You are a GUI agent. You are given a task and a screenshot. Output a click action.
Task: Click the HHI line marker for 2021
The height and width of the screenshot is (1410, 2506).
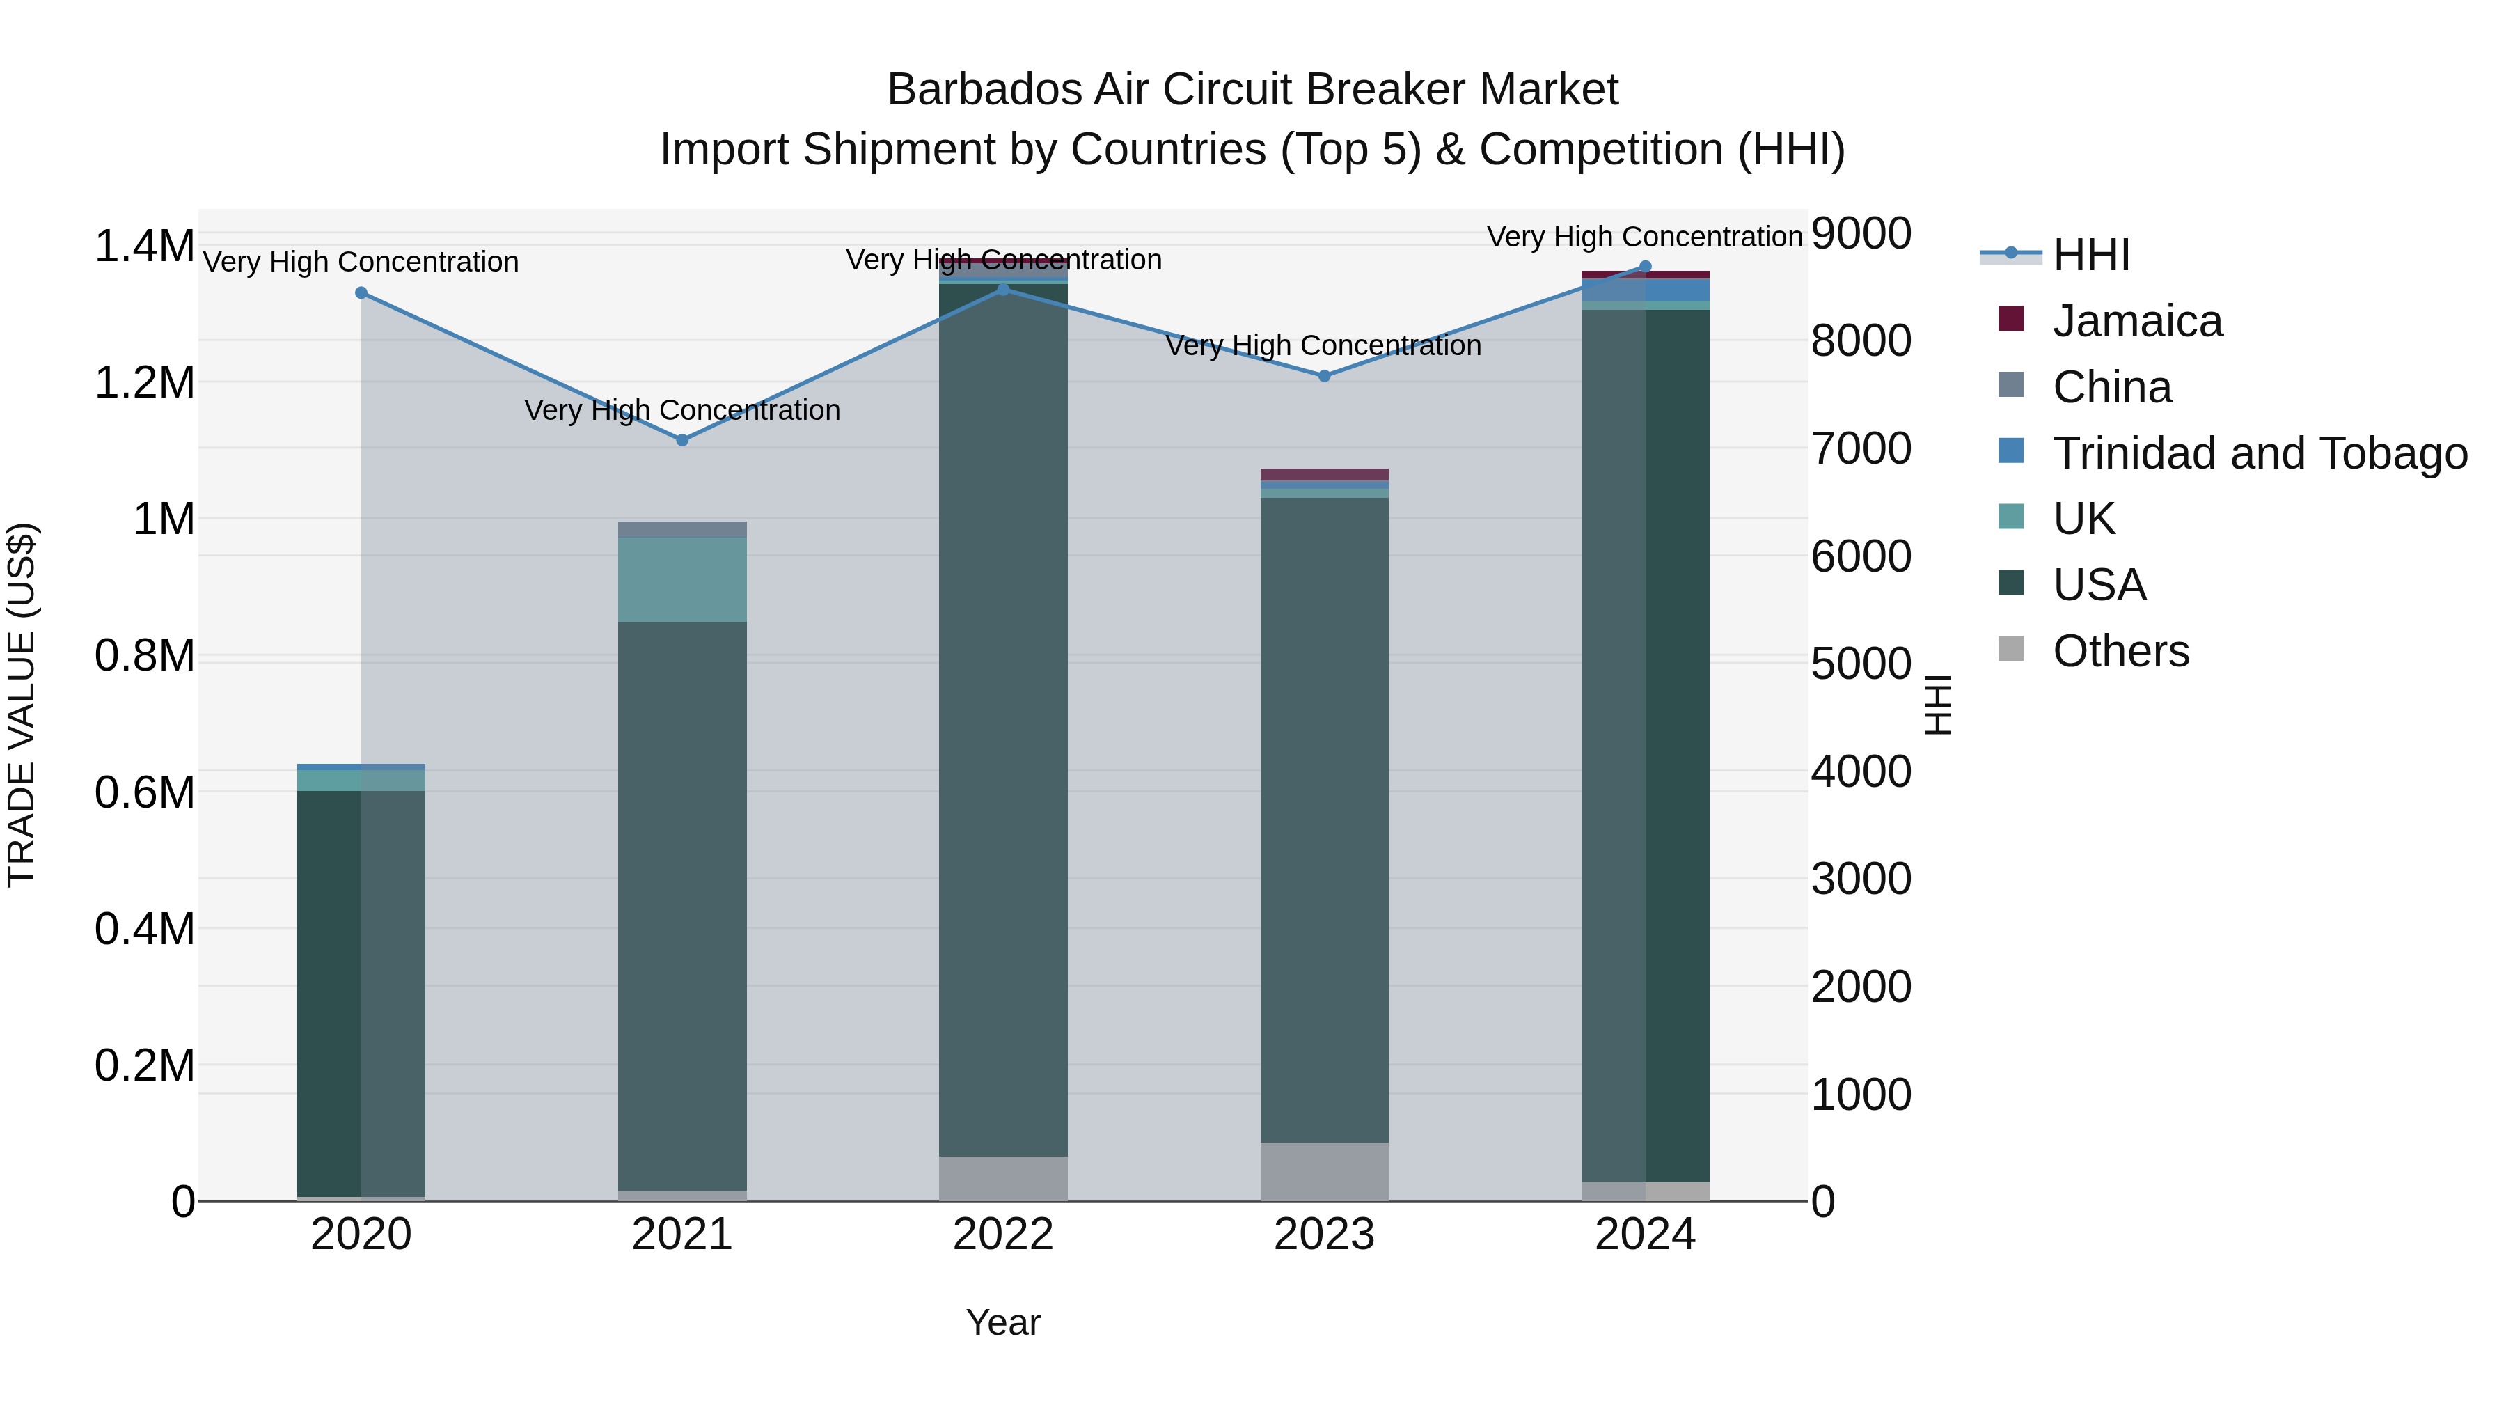coord(682,440)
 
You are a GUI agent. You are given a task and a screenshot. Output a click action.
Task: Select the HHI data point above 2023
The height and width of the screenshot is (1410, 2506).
coord(1324,375)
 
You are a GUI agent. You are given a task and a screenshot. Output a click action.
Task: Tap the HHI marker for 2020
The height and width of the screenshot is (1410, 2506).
coord(361,293)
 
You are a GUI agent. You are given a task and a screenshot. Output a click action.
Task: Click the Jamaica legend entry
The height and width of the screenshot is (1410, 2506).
coord(2136,321)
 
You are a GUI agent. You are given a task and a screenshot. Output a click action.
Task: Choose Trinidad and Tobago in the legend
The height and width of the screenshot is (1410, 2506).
coord(2259,453)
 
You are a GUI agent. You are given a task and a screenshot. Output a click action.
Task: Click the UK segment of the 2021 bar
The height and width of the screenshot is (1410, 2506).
coord(682,580)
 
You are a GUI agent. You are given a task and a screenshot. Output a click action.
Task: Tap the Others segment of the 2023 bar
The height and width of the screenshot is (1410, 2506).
coord(1324,1172)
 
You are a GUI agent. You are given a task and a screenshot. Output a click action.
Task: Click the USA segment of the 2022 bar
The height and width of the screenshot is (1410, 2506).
coord(1003,720)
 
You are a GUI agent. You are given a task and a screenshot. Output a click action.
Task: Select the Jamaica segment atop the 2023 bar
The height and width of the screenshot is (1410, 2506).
coord(1324,474)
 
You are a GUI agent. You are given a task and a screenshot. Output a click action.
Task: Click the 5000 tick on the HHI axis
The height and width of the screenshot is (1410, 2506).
coord(1860,665)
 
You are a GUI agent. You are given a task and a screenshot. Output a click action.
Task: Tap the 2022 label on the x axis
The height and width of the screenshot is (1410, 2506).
coord(1003,1235)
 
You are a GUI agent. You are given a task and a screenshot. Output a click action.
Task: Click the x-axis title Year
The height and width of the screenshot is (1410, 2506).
coord(1003,1322)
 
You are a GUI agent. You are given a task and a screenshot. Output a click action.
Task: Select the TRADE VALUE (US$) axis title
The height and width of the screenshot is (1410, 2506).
coord(22,705)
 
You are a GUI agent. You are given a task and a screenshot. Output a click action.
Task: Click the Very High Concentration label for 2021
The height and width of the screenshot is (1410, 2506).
coord(682,411)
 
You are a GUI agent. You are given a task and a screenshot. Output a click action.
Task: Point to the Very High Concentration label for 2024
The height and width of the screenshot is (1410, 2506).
coord(1644,237)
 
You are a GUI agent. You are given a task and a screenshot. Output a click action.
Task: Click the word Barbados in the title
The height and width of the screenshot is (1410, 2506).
coord(984,90)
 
